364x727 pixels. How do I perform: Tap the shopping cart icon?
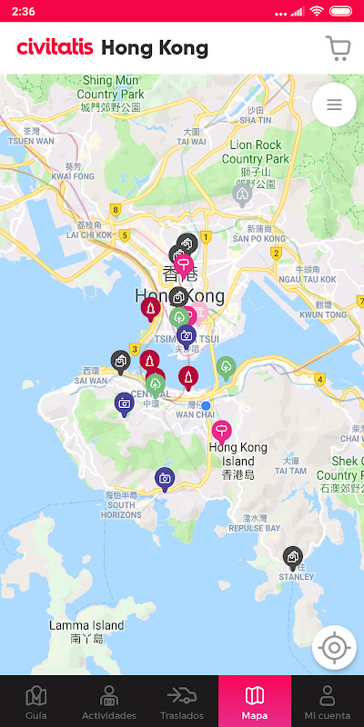[x=338, y=47]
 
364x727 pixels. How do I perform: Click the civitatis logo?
[x=55, y=47]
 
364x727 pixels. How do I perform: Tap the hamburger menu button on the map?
[x=334, y=105]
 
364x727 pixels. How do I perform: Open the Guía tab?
[x=36, y=702]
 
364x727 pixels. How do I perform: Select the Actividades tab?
[x=109, y=702]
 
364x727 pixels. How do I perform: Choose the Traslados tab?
[x=182, y=702]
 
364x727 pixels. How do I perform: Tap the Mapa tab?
[x=255, y=702]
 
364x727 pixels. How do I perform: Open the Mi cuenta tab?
[x=328, y=702]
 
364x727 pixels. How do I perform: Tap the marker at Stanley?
[x=292, y=555]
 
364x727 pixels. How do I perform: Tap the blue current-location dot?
[x=206, y=405]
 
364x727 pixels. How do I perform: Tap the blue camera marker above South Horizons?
[x=165, y=477]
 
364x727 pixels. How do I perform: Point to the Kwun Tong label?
[x=324, y=314]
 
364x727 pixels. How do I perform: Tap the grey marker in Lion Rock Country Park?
[x=242, y=193]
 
